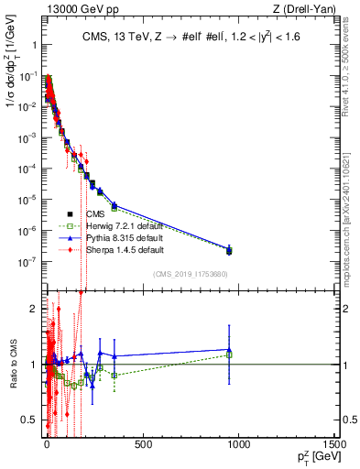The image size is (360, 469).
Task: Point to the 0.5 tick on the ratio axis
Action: coord(29,420)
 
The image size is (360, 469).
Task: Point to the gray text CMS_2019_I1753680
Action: coord(191,273)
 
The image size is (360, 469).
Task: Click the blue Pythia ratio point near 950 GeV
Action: coord(229,350)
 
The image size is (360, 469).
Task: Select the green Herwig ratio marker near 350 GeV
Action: coord(114,376)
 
